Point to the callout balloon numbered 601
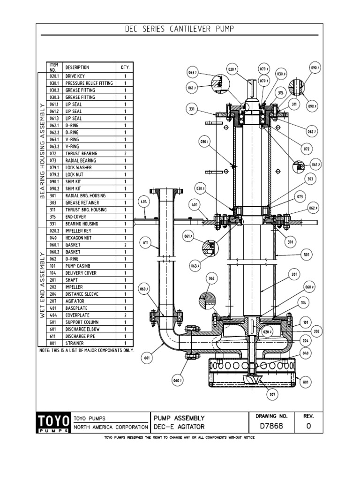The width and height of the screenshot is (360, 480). click(x=147, y=359)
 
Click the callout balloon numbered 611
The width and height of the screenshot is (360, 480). click(x=146, y=243)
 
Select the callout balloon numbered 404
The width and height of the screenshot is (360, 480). click(x=143, y=202)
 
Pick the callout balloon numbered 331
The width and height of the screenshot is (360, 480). click(x=192, y=109)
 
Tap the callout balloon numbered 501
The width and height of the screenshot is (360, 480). click(x=307, y=255)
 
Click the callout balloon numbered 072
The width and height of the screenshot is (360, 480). click(x=307, y=149)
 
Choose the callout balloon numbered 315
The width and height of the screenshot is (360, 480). click(x=280, y=93)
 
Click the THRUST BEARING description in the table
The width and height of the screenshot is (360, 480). click(x=82, y=153)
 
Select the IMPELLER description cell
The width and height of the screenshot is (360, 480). click(x=75, y=287)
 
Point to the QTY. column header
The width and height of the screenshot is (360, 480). click(x=125, y=67)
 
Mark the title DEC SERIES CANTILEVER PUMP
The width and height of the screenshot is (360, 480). click(x=180, y=30)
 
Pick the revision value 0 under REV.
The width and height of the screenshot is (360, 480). click(x=308, y=427)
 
